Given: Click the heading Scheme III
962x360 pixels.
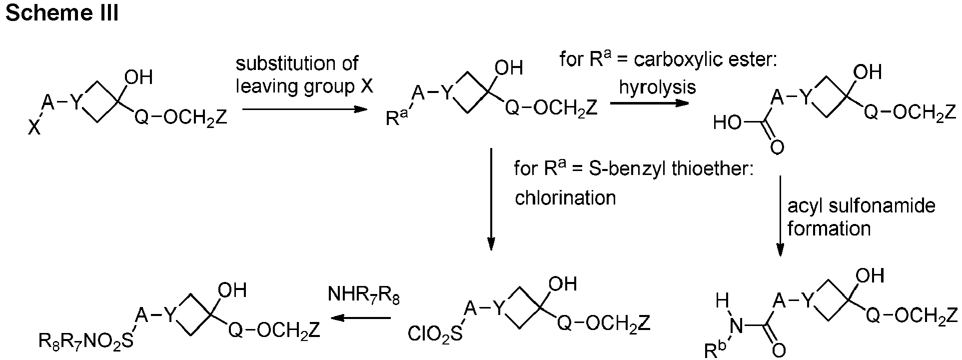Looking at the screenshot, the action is pos(61,13).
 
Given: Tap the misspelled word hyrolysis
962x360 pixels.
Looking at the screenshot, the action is pos(657,87).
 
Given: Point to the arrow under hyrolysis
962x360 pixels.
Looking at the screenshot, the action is pos(649,103).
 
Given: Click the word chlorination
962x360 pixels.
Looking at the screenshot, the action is pos(565,198).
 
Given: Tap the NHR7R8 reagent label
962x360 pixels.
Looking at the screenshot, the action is pos(364,295).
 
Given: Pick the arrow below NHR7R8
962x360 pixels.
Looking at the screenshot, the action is pos(361,318).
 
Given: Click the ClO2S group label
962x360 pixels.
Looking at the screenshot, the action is pos(435,334).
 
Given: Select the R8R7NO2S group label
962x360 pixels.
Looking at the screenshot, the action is pos(86,342).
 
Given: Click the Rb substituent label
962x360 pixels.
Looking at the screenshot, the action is pos(713,350).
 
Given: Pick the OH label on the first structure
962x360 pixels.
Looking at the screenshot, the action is pos(138,78).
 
